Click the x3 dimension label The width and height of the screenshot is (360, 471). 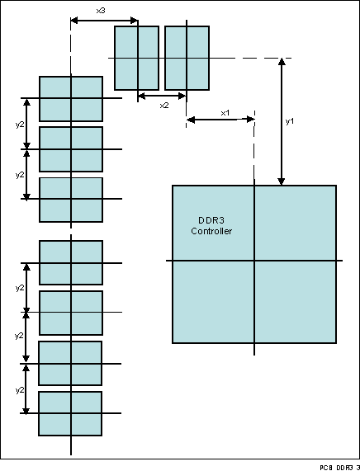[100, 10]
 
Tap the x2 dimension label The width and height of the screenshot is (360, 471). [163, 106]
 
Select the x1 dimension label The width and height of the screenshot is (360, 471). [225, 112]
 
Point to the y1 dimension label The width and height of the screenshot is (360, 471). [290, 121]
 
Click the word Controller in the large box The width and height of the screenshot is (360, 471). [211, 232]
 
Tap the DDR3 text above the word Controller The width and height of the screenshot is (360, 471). [211, 220]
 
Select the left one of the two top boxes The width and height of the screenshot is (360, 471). [136, 58]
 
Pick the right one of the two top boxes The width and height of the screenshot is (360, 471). [187, 58]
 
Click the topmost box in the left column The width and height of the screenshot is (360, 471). [71, 99]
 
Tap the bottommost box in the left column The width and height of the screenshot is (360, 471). [70, 413]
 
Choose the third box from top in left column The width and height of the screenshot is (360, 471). [71, 200]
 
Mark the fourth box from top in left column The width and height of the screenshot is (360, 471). [71, 262]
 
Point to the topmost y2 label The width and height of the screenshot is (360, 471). [20, 125]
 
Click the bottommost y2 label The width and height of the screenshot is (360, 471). [20, 385]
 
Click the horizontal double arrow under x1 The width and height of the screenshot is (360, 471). [220, 120]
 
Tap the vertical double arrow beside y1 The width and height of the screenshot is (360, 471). [282, 121]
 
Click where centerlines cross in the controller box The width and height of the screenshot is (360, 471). [254, 261]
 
